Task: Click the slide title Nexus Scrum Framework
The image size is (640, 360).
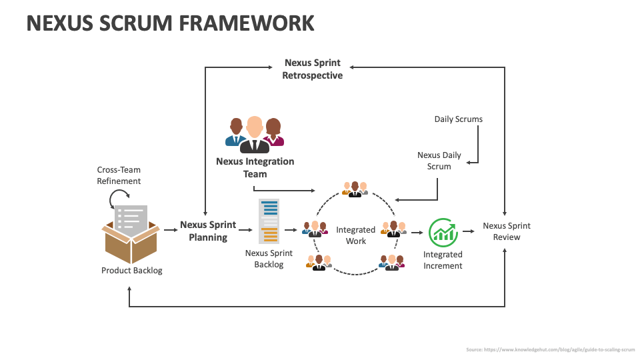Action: (x=170, y=23)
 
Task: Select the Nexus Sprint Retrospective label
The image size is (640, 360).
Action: (x=312, y=69)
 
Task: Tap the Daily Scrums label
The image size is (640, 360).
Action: (x=459, y=119)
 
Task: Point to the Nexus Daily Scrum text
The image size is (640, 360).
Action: (x=439, y=161)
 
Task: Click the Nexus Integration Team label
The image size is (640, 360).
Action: (x=255, y=167)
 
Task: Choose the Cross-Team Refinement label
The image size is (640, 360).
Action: (x=119, y=175)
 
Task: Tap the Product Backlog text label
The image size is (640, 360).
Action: (x=131, y=271)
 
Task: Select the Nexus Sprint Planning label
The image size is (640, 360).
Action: (x=208, y=231)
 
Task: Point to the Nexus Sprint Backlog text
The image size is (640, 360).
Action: (x=269, y=259)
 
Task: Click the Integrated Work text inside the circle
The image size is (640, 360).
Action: (x=355, y=235)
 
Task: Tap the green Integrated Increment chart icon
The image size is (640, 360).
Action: (x=443, y=231)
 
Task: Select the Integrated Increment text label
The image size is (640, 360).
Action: (x=443, y=260)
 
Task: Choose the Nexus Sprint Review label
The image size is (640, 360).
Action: (x=507, y=231)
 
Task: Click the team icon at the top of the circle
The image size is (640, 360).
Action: (x=355, y=189)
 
